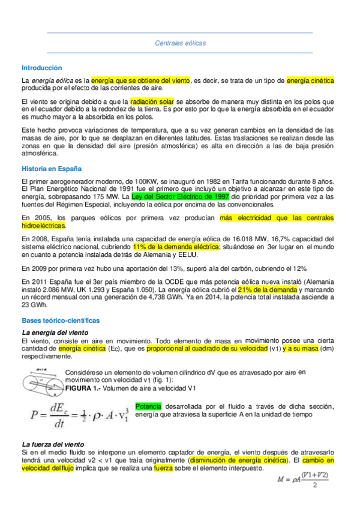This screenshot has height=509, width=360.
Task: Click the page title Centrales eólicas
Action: pos(180,43)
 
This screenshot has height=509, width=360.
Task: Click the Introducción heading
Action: pos(42,68)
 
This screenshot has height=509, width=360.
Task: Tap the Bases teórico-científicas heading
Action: pos(60,321)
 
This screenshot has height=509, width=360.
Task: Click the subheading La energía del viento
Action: pos(55,333)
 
